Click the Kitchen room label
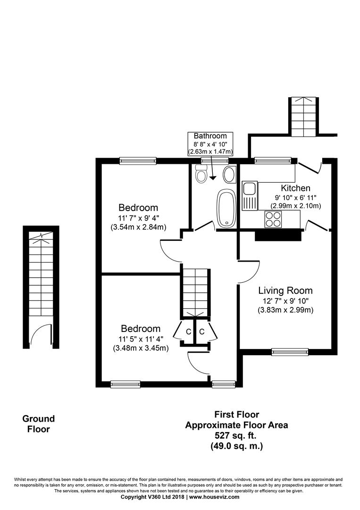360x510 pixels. coord(295,188)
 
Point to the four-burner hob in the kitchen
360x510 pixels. coord(273,219)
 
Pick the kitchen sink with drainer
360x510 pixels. coord(249,196)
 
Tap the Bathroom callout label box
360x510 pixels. coord(210,144)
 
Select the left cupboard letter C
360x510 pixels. coord(188,331)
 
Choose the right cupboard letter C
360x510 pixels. coord(201,331)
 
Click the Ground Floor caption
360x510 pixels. coord(39,424)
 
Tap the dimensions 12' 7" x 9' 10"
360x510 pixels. coord(285,301)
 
